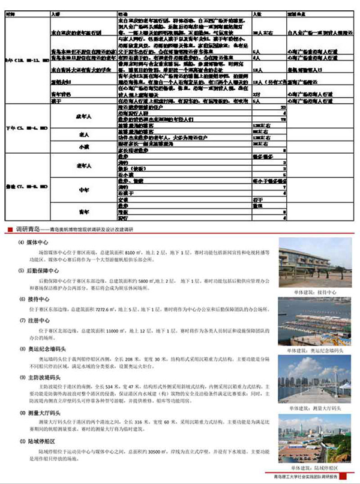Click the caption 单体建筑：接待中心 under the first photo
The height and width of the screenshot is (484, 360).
pyautogui.click(x=310, y=292)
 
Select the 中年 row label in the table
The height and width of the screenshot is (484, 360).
pyautogui.click(x=84, y=190)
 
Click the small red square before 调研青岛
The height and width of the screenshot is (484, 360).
pyautogui.click(x=8, y=229)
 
